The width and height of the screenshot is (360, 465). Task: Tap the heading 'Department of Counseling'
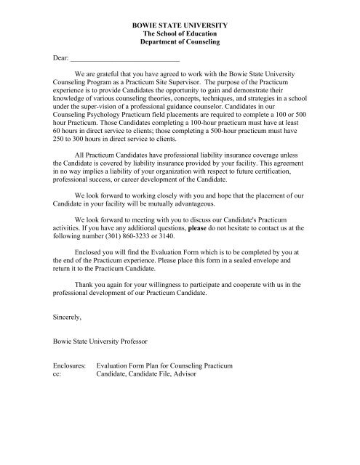click(x=179, y=44)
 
